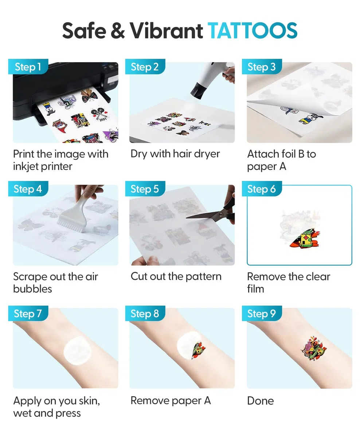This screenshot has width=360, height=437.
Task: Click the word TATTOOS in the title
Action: pos(253,31)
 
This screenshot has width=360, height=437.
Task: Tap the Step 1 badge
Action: pos(28,67)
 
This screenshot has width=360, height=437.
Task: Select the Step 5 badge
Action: pos(145,189)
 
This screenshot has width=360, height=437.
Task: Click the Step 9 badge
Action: pos(262,313)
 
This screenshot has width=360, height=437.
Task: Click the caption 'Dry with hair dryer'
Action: pos(175,154)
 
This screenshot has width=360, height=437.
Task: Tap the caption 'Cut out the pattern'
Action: pos(176,276)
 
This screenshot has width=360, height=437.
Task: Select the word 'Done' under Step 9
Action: pos(261,401)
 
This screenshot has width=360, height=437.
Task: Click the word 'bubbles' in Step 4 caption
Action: pos(32,289)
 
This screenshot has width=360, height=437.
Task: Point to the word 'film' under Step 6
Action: pos(255,289)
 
